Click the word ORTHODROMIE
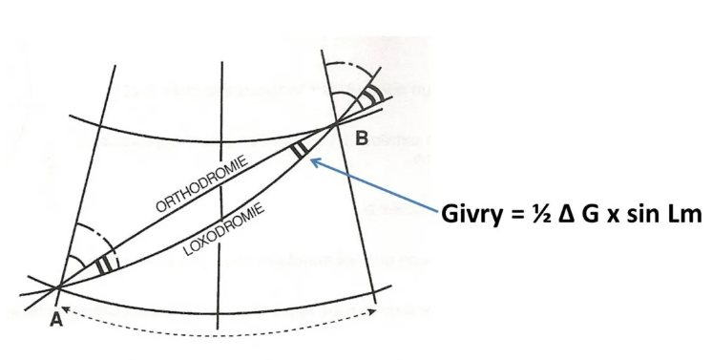tap(202, 183)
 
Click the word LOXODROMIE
tap(224, 229)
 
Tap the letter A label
tap(56, 320)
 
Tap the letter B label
tap(362, 138)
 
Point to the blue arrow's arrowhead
tap(315, 161)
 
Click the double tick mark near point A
tap(104, 265)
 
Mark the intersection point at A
tap(58, 287)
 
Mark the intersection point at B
tap(336, 123)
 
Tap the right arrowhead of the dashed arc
tap(373, 311)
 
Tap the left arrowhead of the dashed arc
tap(65, 309)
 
